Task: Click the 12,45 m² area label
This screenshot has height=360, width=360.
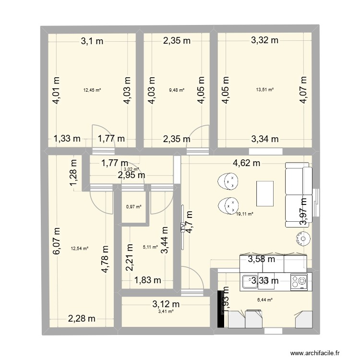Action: (x=92, y=89)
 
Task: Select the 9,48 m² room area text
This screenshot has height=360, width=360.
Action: (x=177, y=89)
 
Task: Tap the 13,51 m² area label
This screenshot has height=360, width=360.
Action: (x=265, y=89)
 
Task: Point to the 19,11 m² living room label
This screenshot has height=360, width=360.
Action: (x=244, y=215)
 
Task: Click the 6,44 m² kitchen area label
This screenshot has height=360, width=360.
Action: (x=265, y=300)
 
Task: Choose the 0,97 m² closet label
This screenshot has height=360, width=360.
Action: (x=133, y=207)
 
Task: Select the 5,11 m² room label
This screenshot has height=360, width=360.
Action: (x=150, y=247)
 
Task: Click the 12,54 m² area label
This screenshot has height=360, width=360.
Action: (x=80, y=248)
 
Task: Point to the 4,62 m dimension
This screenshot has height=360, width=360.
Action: (x=247, y=163)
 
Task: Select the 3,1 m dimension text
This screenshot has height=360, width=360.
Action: (x=92, y=41)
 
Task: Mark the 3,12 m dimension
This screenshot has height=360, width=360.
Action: (x=166, y=303)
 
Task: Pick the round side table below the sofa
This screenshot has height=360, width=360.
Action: (x=302, y=239)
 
